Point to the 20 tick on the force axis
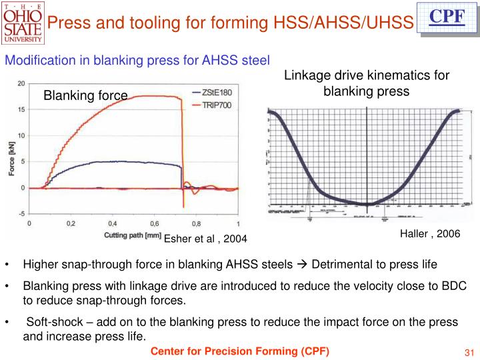[x=22, y=84]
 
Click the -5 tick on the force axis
[x=22, y=213]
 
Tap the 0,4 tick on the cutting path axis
[x=113, y=224]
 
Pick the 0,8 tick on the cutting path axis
[x=196, y=224]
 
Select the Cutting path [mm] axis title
[x=133, y=235]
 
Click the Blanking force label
[x=85, y=96]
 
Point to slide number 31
[x=467, y=352]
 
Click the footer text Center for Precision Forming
[x=239, y=351]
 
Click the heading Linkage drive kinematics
[x=367, y=75]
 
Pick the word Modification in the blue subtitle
[x=33, y=61]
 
